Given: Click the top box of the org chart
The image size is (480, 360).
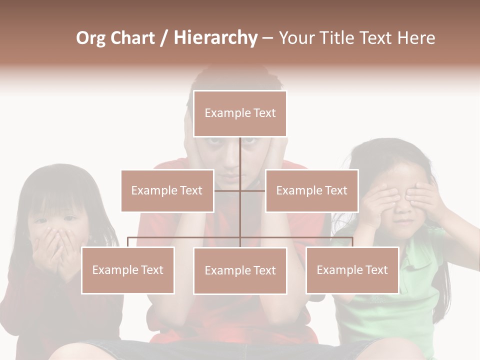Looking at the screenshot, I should pos(240,113).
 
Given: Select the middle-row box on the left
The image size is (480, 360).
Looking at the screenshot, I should pos(167,190).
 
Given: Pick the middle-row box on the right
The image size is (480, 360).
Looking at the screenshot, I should pos(311,190).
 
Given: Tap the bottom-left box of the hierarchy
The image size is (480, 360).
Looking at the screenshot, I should pos(127,270).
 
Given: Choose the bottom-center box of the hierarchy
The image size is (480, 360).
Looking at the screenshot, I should pos(240,270).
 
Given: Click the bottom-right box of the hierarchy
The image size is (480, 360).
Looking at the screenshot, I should pos(352,270).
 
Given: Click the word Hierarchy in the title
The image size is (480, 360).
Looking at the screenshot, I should pos(215,37).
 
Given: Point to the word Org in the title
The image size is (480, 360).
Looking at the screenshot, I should pos(90,38).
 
